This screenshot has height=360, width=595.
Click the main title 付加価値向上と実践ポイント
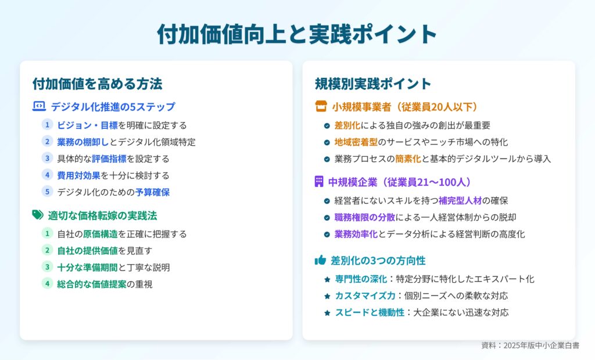coord(297,34)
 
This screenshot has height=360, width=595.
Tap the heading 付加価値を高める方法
coord(97,84)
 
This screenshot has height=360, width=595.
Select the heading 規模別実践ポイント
coord(373,84)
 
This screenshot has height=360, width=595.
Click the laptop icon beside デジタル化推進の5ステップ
coord(39,106)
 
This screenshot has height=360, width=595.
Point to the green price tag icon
coord(38,215)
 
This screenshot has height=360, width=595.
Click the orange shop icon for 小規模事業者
coord(321,106)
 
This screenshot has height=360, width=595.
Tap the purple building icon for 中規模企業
coord(319,181)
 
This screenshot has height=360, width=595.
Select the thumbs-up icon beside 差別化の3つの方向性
coord(320,260)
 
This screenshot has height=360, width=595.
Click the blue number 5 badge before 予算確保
coord(47,192)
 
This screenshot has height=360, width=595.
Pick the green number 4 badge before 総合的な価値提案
coord(47,283)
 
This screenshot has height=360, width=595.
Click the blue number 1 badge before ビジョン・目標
coord(47,125)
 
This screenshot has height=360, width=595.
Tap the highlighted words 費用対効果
coord(78,175)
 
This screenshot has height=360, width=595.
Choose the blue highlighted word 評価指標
coord(109,159)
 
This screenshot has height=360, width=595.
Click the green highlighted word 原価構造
coord(100,233)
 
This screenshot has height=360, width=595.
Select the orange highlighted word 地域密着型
coord(356,142)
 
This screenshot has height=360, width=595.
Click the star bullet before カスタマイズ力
coord(327,296)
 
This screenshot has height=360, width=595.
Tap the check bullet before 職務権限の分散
coord(327,218)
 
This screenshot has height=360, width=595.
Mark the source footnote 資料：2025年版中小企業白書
coord(530,345)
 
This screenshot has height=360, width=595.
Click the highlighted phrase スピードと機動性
coord(370,312)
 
